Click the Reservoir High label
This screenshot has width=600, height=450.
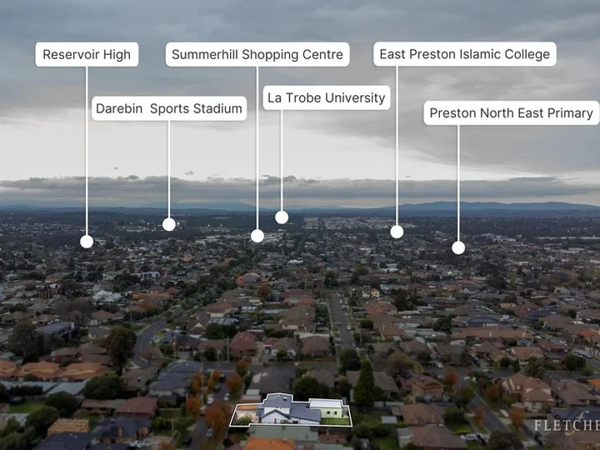pyautogui.click(x=87, y=54)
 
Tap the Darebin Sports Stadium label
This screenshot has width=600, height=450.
pyautogui.click(x=169, y=108)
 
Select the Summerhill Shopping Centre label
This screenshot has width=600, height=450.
pyautogui.click(x=257, y=54)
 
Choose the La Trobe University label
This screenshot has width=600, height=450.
pyautogui.click(x=327, y=98)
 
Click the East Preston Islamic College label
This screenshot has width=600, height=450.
pyautogui.click(x=465, y=54)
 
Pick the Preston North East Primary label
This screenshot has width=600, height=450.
pyautogui.click(x=512, y=112)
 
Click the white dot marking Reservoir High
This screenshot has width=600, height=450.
pyautogui.click(x=87, y=242)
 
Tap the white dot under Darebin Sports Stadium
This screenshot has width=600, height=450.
pyautogui.click(x=168, y=224)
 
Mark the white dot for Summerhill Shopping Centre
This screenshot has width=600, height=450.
pyautogui.click(x=257, y=236)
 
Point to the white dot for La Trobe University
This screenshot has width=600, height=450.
pyautogui.click(x=282, y=217)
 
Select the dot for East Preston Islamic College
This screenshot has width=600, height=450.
pyautogui.click(x=397, y=232)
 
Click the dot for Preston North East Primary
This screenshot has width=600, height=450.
pyautogui.click(x=458, y=248)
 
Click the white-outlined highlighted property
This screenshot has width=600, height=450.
pyautogui.click(x=291, y=410)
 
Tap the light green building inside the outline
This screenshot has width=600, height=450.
pyautogui.click(x=326, y=408)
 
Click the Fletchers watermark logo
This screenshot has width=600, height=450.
pyautogui.click(x=567, y=424)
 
